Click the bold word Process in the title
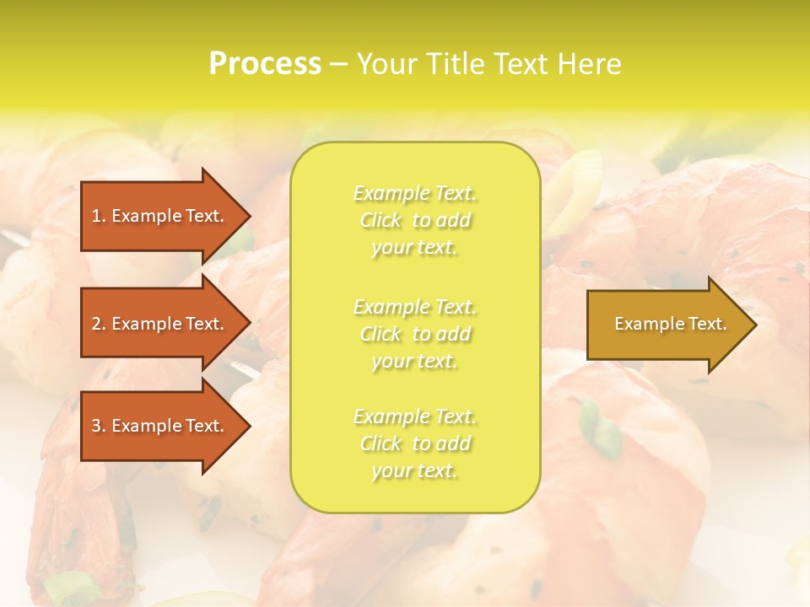click(265, 64)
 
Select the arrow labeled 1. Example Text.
click(160, 216)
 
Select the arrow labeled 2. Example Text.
click(160, 324)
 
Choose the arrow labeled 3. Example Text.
click(160, 426)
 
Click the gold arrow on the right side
click(667, 325)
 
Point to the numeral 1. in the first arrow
click(99, 216)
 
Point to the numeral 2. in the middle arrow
click(99, 324)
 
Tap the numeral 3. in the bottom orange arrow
click(99, 426)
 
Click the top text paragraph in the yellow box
click(415, 220)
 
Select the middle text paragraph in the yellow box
click(415, 334)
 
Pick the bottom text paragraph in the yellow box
click(415, 443)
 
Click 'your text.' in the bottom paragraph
click(414, 471)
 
